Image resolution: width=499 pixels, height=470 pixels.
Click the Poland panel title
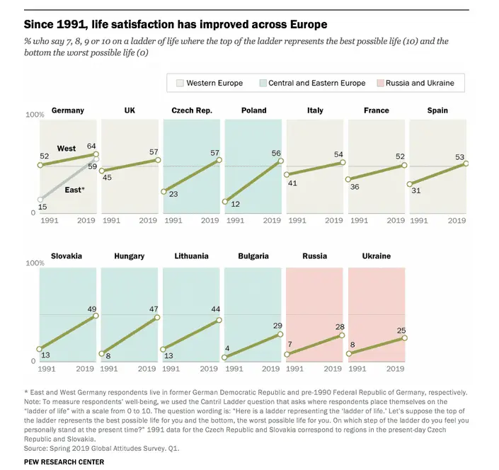(254, 110)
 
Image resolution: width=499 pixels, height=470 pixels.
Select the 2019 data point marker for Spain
(466, 163)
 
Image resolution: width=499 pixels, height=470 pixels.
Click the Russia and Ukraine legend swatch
(380, 83)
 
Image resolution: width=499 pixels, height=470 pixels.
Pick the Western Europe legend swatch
(180, 83)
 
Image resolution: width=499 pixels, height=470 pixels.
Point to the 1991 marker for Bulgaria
(224, 357)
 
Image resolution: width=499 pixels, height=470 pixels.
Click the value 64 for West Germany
(91, 147)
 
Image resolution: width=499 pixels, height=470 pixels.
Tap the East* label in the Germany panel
(73, 189)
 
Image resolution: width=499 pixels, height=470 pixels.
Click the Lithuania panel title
(192, 256)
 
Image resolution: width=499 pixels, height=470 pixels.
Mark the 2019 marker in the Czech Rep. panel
(219, 160)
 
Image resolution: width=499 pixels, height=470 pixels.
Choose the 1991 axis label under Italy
(297, 220)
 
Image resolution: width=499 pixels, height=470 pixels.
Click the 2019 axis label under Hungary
(147, 369)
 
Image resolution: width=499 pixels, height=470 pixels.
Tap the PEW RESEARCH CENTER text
(64, 462)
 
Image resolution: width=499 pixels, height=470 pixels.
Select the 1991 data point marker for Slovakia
(40, 349)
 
